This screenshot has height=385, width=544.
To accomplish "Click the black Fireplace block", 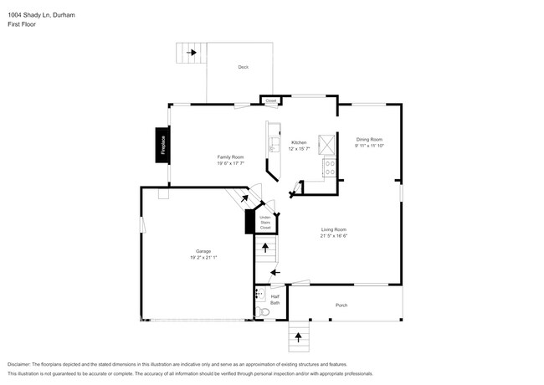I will pos(163,145).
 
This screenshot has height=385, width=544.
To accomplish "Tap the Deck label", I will pos(243,66).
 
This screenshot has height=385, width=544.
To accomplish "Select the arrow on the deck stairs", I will pos(192,53).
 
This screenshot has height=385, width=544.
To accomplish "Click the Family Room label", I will pos(231,157).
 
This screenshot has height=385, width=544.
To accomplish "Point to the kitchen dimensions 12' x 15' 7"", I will pos(300,149).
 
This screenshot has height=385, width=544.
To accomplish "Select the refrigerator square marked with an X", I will pos(331,143).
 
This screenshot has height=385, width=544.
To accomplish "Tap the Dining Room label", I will pos(369,139).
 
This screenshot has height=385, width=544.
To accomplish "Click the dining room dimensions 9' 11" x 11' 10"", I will pos(369,146).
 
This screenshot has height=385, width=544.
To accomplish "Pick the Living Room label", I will pos(334,229).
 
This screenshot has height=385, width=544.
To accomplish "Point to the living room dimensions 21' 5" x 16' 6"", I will pos(334,236).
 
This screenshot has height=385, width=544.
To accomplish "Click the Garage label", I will pos(203,251).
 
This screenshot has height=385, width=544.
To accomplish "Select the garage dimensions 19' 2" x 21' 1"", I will pos(203,258).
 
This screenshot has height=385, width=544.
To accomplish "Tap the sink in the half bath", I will pos(259,295).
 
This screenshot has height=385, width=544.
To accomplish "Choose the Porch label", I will pos(341,305).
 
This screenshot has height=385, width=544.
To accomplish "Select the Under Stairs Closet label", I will pos(265,222).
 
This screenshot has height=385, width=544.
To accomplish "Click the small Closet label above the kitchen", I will pos(270,101).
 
